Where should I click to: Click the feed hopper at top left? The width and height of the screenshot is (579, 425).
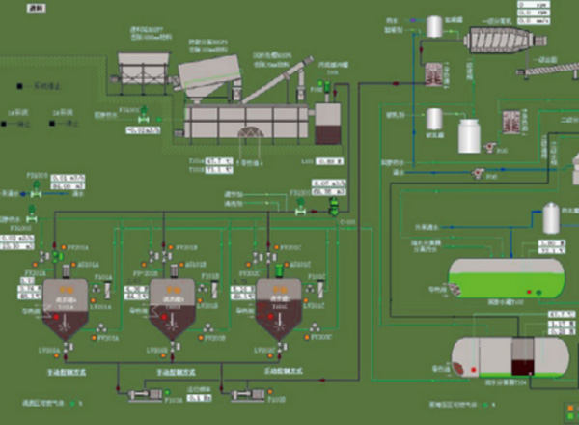(141, 67)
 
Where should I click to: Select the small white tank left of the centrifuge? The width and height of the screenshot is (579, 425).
(435, 26)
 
